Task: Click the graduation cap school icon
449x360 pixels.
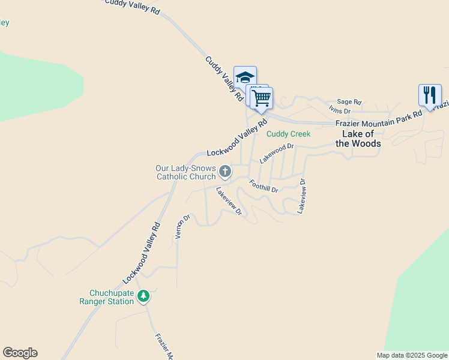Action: (x=245, y=77)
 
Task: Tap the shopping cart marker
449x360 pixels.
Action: (x=261, y=97)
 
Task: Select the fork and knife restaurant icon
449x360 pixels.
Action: (x=430, y=95)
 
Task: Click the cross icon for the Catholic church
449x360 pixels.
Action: (x=225, y=172)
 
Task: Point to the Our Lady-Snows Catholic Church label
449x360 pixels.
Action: (x=185, y=172)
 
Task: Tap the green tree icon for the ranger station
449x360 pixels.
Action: (x=143, y=296)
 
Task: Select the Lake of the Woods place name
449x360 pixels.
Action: (x=358, y=139)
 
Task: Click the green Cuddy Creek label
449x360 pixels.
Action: (x=289, y=134)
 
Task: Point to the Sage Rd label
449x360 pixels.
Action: (x=349, y=102)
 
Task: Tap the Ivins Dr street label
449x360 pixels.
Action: (x=340, y=110)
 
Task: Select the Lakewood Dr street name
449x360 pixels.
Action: (x=277, y=154)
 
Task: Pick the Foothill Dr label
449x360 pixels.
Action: (x=264, y=186)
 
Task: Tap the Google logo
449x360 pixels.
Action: (x=20, y=353)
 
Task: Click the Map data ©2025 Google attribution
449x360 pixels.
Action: (x=411, y=355)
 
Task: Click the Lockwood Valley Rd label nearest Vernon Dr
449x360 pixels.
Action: (x=142, y=254)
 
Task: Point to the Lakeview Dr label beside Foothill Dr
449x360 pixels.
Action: (x=301, y=197)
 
